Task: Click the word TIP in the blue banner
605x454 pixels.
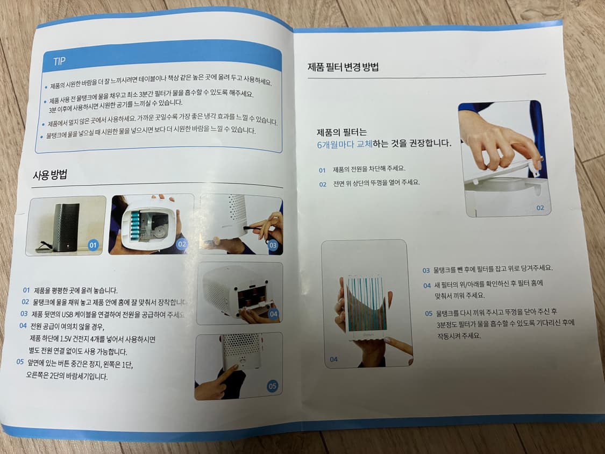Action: click(59, 61)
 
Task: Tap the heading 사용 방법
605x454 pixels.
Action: click(50, 174)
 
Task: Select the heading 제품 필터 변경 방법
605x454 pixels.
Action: click(343, 67)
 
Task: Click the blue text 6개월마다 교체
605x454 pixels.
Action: click(345, 144)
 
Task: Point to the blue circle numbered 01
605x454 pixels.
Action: click(93, 245)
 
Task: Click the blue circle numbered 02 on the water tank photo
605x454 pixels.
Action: click(181, 244)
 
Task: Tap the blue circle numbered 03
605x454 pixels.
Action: click(273, 245)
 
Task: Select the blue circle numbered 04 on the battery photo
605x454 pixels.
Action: click(274, 314)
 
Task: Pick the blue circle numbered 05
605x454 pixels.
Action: click(273, 386)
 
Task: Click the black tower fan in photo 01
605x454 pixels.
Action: click(66, 228)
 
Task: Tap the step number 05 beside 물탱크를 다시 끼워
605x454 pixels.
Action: click(429, 314)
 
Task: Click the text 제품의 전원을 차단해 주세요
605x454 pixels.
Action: click(369, 169)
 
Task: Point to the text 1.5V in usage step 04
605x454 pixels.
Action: click(66, 339)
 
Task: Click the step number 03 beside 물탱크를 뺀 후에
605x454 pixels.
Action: click(426, 270)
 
